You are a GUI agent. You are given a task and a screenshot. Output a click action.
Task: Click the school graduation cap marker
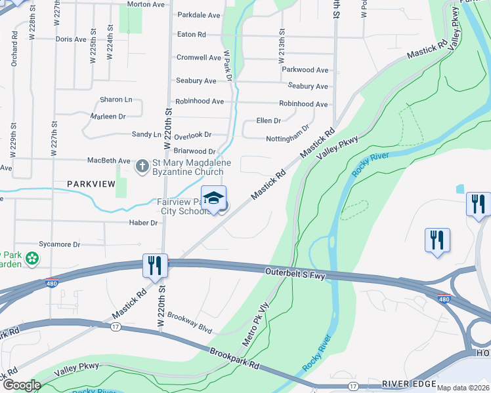click(213, 198)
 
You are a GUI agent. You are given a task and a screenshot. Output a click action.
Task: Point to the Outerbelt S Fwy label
click(295, 274)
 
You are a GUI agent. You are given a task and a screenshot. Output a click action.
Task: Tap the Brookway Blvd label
click(190, 314)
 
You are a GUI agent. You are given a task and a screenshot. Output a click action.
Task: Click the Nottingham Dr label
click(288, 138)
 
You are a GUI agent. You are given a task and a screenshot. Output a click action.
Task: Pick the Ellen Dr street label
click(268, 121)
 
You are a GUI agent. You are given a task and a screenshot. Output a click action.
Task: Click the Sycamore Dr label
click(59, 244)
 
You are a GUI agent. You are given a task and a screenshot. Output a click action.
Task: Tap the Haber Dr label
click(144, 223)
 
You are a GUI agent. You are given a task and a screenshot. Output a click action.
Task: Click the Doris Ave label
click(71, 39)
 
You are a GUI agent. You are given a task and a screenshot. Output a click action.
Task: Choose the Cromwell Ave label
click(198, 58)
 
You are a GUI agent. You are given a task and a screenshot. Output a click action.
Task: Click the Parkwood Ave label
click(305, 70)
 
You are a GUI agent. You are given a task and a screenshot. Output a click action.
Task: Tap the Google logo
click(22, 386)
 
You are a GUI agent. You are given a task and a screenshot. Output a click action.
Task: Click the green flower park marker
click(31, 260)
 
